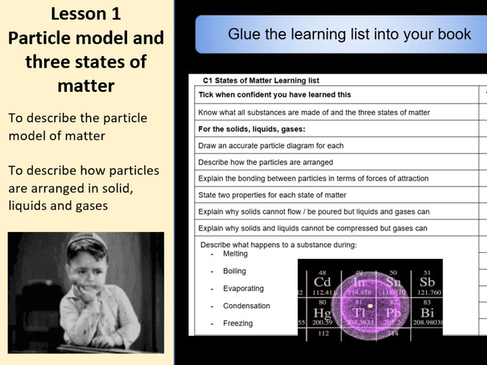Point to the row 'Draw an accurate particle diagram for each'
coord(271,145)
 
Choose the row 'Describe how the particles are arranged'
coord(265,162)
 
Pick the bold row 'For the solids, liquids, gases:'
coord(252,129)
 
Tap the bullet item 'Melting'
coord(235,253)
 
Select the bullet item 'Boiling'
coord(235,271)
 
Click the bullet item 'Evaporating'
coord(243,289)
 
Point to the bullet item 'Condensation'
coord(246,306)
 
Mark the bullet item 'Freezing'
coord(238,323)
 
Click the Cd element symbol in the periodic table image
coord(322,281)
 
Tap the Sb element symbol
coord(426,281)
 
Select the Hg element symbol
coord(322,314)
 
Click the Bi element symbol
coord(426,314)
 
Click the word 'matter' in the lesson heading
coord(86,86)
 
